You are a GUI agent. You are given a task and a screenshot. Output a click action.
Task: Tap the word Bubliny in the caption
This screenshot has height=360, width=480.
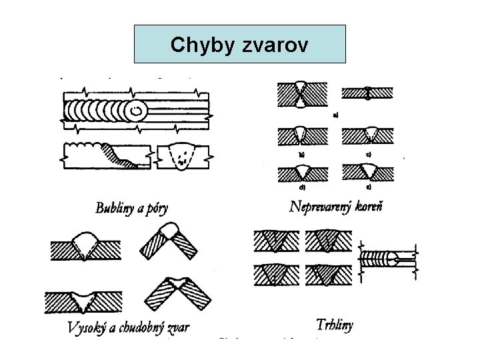pos(117,209)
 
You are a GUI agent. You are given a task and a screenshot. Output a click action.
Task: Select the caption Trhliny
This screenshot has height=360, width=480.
pos(335,325)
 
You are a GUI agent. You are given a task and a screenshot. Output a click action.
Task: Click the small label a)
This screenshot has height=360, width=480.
pos(335,115)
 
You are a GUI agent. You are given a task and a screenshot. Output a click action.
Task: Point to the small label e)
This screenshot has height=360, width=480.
pos(368,188)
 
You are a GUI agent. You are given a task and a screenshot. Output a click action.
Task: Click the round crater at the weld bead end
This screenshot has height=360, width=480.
pos(139,110)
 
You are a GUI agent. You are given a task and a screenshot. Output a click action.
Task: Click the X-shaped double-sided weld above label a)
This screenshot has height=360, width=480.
pos(302,94)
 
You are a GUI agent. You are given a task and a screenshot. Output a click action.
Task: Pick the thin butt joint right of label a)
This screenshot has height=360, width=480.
pos(367,94)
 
